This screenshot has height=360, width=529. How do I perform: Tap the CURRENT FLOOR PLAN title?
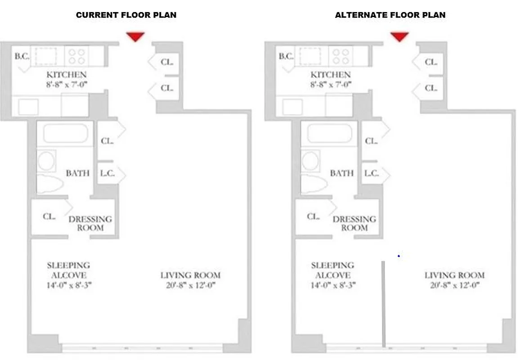click(x=126, y=15)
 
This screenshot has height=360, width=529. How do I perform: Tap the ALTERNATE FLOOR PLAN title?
click(x=390, y=15)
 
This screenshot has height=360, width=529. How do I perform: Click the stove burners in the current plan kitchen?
click(x=76, y=56)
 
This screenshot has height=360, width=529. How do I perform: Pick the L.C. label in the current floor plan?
click(x=107, y=173)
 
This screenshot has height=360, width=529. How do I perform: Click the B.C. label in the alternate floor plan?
click(x=286, y=56)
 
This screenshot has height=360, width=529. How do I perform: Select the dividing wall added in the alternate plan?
click(x=383, y=304)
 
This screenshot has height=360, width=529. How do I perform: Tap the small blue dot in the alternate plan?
click(x=399, y=256)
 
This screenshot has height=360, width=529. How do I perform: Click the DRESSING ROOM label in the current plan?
click(x=90, y=223)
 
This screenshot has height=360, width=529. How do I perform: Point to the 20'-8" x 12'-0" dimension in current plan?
click(x=190, y=285)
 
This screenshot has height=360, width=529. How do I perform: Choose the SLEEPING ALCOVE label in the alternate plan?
click(x=332, y=270)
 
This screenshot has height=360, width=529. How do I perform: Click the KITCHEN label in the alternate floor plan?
click(x=331, y=75)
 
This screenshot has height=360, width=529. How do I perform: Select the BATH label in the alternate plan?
click(x=341, y=173)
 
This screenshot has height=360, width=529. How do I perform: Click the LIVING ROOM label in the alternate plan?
click(x=454, y=275)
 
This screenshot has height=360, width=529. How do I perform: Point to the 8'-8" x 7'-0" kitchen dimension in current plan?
click(x=67, y=84)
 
